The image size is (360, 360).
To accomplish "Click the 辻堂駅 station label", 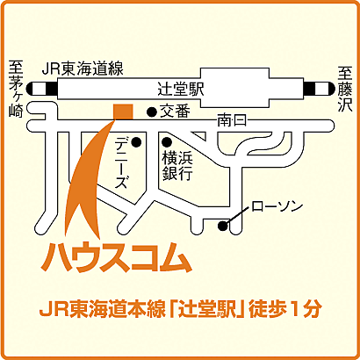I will point(180,90).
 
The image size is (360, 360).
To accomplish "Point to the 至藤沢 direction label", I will point(345,88).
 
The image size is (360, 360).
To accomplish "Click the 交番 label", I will point(174,112).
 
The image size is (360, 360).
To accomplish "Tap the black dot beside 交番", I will point(151,112).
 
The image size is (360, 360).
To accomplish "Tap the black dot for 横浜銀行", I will point(165,140).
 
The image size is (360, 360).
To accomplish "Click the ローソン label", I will point(277,206).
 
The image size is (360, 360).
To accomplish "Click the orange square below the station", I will point(123,111).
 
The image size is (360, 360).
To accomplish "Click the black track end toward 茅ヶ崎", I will point(37,88).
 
